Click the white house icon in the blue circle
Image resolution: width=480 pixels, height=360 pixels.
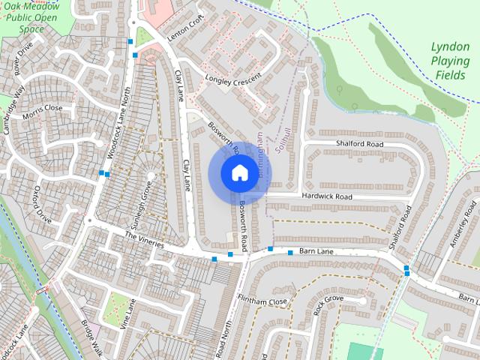pos(238,173)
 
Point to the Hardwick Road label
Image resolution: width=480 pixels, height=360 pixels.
pos(327,196)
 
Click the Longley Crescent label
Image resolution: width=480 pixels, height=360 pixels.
pos(233,78)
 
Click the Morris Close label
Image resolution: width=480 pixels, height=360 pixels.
pos(43,108)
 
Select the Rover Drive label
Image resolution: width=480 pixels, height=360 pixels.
pos(23,63)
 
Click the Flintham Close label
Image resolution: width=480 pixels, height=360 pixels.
pos(262,301)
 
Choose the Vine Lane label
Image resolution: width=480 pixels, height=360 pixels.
pos(128,315)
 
